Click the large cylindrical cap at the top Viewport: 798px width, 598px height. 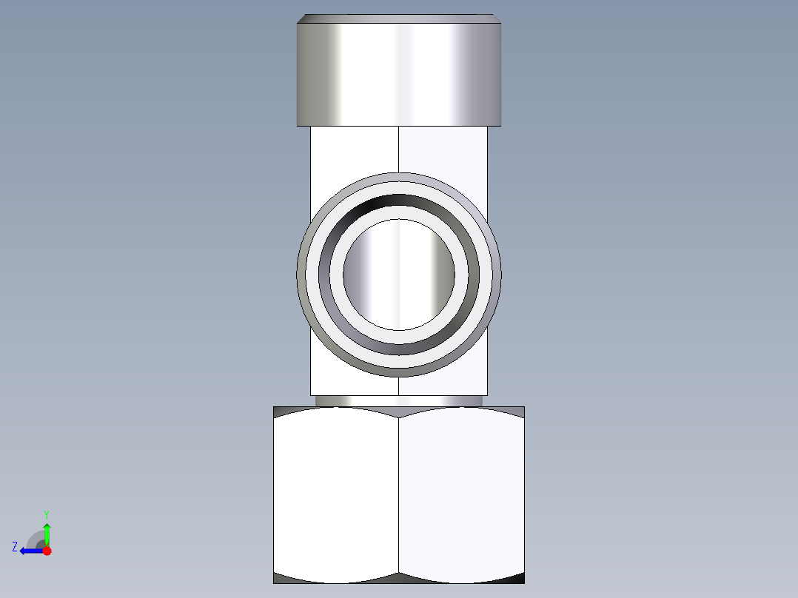399,74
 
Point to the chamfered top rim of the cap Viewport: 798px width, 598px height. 399,19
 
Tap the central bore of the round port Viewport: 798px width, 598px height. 399,275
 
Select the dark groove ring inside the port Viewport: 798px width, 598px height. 399,201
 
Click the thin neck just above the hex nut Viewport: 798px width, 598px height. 399,400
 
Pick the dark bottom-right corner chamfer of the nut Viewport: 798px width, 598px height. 516,577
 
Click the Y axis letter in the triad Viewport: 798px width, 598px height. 47,514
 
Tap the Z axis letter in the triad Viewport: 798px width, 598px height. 15,546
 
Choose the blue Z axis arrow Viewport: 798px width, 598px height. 31,551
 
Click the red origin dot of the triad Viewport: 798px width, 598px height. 47,551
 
